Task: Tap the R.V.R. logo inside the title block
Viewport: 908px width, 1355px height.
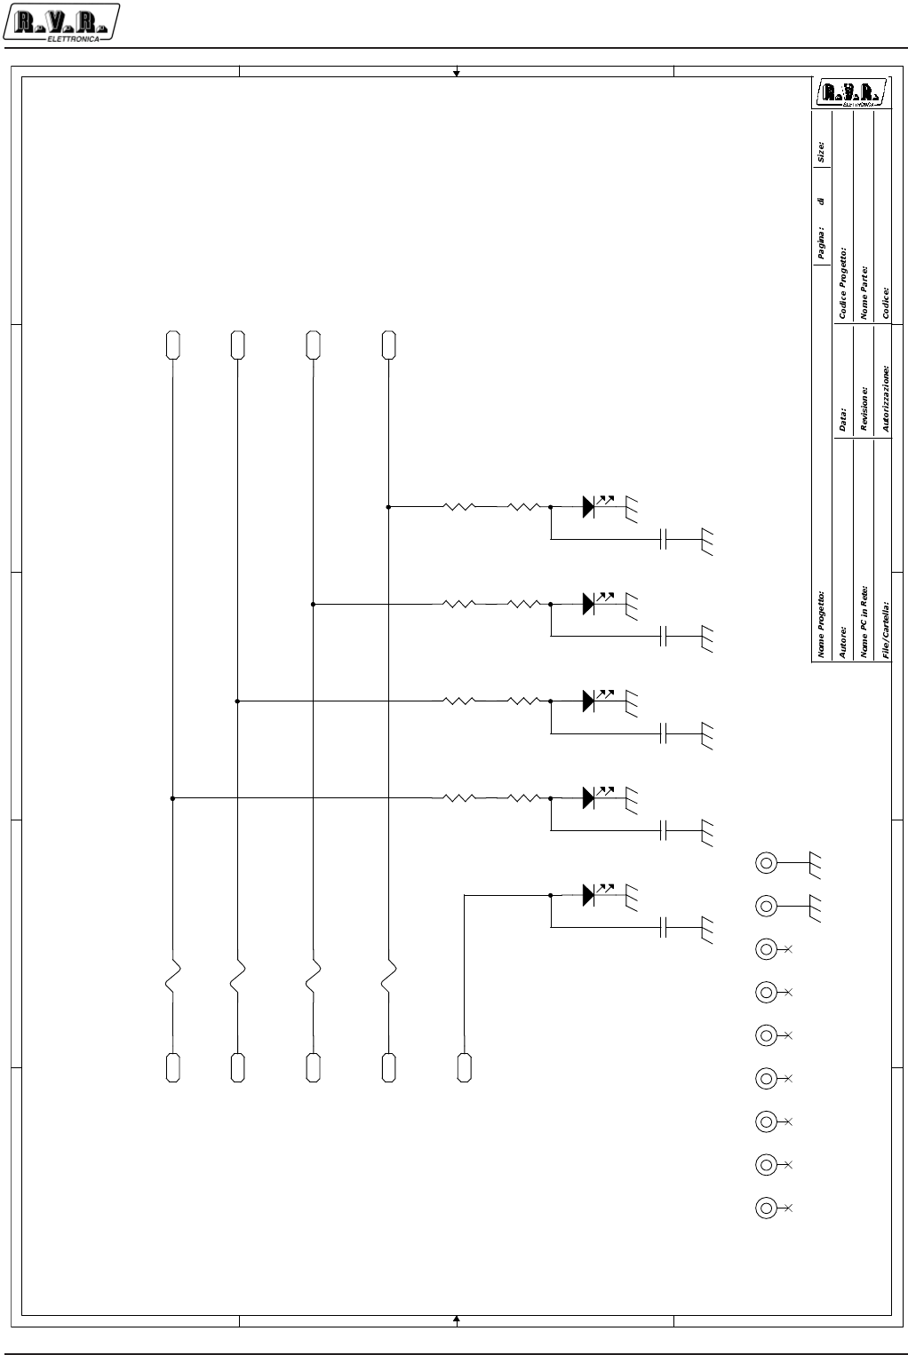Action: pyautogui.click(x=851, y=93)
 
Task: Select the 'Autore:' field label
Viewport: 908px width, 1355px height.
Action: pyautogui.click(x=843, y=642)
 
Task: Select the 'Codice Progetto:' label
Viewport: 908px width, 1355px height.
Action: pyautogui.click(x=843, y=283)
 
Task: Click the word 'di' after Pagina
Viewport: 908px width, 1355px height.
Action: pyautogui.click(x=822, y=202)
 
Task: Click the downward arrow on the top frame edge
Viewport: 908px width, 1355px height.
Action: pyautogui.click(x=457, y=71)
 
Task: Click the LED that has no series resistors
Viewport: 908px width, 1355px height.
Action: pyautogui.click(x=589, y=895)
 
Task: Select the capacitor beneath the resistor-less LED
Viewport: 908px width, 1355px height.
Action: pyautogui.click(x=664, y=928)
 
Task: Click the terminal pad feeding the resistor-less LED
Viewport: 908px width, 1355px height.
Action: pyautogui.click(x=464, y=1067)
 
